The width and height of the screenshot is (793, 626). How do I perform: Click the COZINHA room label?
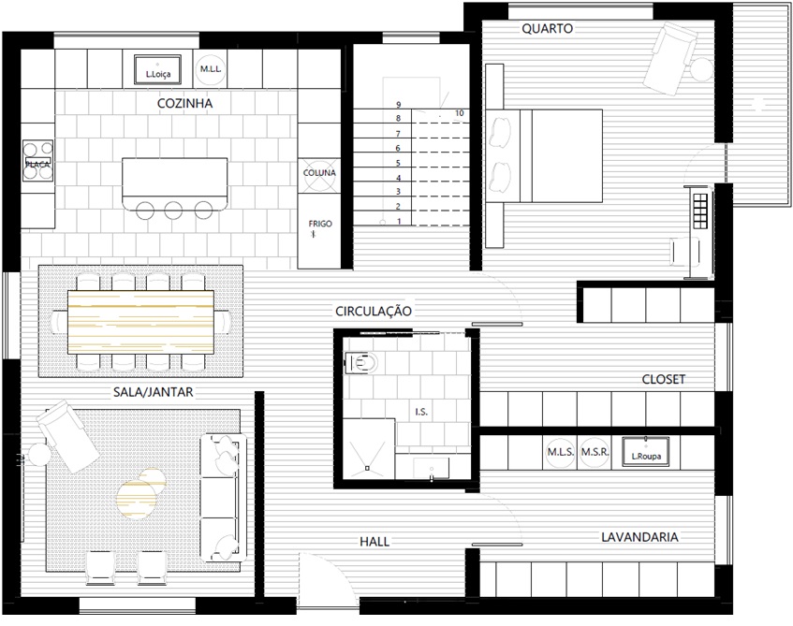[184, 103]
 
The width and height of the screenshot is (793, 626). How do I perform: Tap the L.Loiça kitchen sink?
[158, 70]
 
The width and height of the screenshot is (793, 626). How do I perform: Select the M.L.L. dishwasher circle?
[210, 69]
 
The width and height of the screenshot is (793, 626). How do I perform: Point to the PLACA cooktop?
[38, 161]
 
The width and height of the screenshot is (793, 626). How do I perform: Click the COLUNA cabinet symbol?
[319, 173]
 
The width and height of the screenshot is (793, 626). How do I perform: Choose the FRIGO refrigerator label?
[320, 224]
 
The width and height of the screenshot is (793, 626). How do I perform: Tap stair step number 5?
[398, 163]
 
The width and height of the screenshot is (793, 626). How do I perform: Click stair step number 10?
[459, 113]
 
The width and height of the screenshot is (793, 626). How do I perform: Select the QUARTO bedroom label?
[547, 29]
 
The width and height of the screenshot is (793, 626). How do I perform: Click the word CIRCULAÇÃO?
[374, 311]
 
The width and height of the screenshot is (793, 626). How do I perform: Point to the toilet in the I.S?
[361, 362]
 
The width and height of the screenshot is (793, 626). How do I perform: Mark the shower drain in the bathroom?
[367, 468]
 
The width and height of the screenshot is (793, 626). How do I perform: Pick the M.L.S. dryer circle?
[561, 452]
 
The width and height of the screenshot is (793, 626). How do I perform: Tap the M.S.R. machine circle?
[595, 452]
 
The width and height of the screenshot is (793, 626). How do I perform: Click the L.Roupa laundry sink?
[646, 451]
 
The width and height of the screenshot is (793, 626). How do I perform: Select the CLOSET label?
[664, 379]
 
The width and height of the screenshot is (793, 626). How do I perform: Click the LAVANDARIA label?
[639, 537]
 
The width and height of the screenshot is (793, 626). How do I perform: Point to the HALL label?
[374, 542]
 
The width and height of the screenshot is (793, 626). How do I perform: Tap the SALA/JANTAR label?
[153, 392]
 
